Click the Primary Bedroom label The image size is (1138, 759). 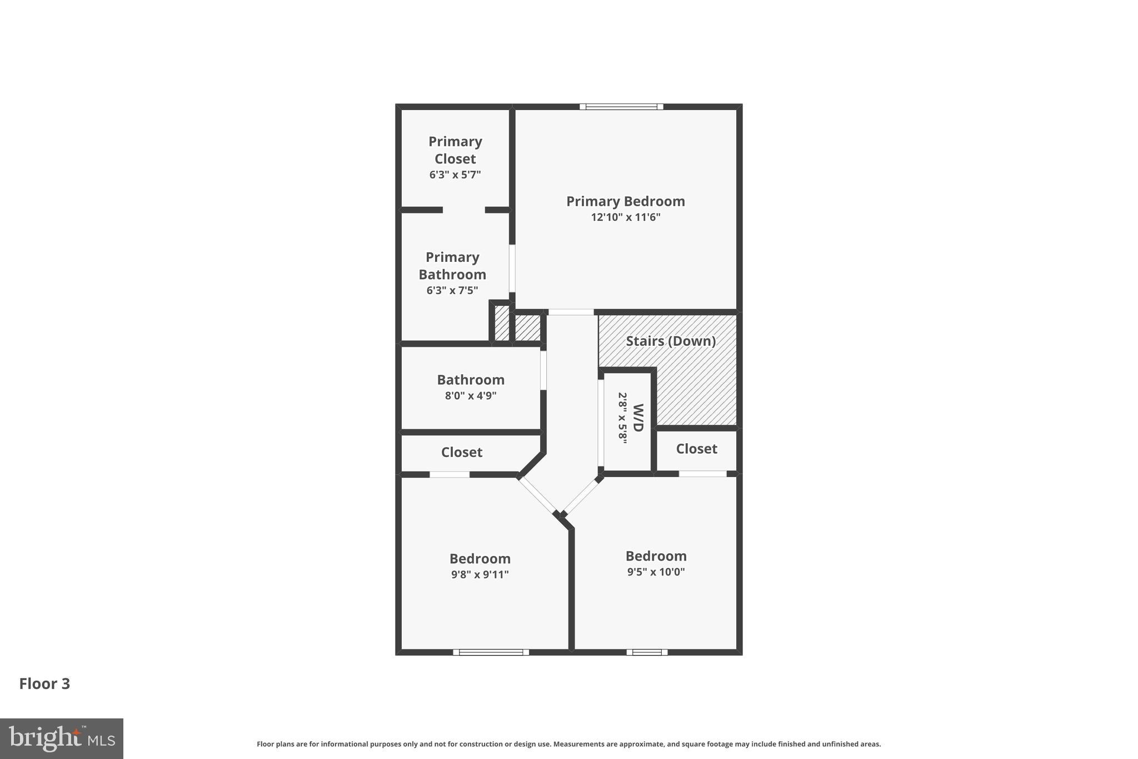click(625, 201)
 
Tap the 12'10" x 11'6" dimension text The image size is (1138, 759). click(625, 217)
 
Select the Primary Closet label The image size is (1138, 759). click(455, 150)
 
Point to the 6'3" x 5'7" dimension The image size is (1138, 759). click(455, 175)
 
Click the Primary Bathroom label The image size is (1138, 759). click(452, 266)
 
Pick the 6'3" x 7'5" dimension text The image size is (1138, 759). click(452, 290)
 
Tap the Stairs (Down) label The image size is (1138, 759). click(671, 341)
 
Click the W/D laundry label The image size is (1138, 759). click(638, 418)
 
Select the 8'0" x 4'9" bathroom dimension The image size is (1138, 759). click(471, 396)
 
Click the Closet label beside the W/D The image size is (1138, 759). click(696, 449)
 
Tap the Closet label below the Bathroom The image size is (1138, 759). click(462, 452)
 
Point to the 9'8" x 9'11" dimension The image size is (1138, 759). click(480, 574)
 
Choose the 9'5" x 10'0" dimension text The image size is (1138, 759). click(656, 572)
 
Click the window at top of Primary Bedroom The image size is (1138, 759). click(621, 107)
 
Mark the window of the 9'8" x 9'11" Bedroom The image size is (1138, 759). click(491, 652)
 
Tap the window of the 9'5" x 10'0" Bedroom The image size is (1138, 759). click(647, 652)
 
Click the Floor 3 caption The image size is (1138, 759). click(44, 684)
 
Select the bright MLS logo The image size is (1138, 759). click(62, 738)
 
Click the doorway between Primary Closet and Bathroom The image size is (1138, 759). click(463, 210)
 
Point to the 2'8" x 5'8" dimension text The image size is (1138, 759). click(623, 418)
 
